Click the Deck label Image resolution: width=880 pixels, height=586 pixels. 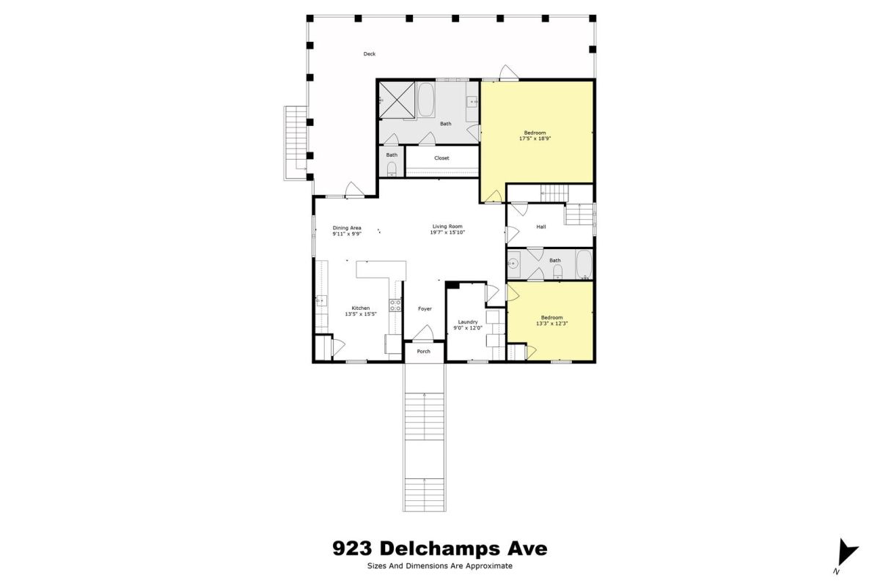370,53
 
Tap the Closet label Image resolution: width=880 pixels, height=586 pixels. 441,157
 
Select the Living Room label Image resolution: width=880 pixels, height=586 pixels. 447,226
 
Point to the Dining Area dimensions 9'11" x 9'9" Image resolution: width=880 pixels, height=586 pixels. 347,234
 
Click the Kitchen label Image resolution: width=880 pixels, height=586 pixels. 361,308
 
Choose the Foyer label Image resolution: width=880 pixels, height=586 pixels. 425,309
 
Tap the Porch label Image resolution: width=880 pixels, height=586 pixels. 424,352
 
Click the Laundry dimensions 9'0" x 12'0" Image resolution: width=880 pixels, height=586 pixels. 468,328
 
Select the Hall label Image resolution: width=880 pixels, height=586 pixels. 541,226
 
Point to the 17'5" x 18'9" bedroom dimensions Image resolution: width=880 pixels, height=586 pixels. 535,138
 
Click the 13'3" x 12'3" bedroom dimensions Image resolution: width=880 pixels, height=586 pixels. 552,324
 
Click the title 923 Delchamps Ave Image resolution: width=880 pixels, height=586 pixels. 440,549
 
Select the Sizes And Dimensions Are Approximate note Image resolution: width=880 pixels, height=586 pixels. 440,566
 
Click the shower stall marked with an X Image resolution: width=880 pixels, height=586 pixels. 397,100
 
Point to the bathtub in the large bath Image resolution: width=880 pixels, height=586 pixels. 426,100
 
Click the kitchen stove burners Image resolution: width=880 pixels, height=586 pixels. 395,305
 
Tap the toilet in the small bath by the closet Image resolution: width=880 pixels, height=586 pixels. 392,169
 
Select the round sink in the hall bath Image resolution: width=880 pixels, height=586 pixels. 513,264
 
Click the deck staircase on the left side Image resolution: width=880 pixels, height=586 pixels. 296,144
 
